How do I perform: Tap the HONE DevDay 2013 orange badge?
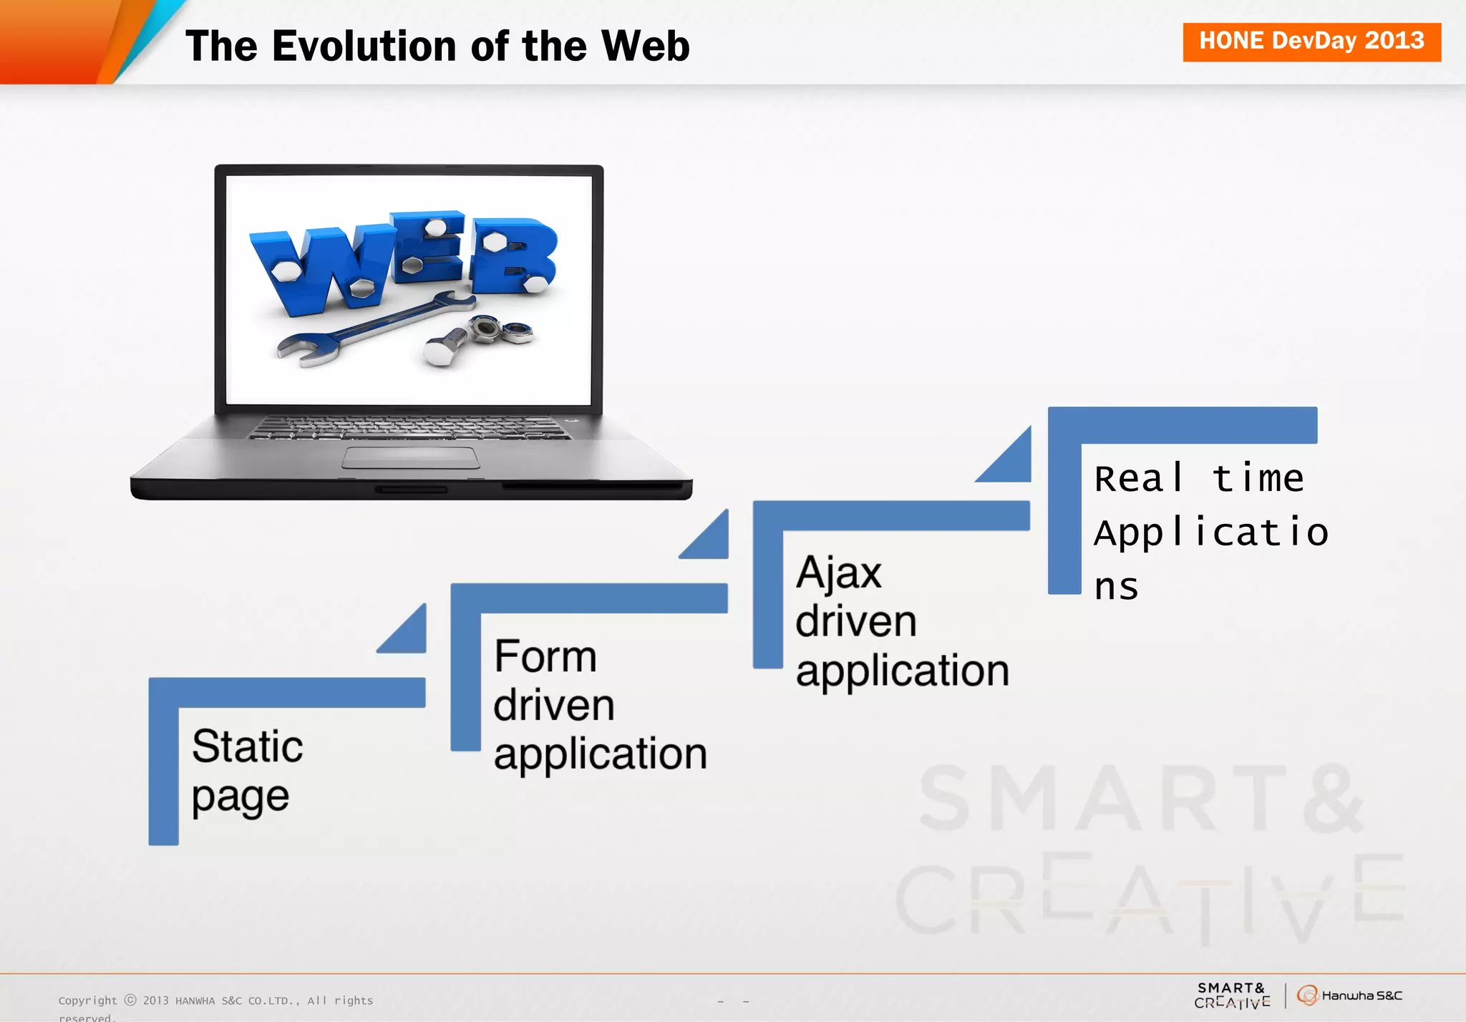[1311, 42]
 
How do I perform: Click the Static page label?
[246, 770]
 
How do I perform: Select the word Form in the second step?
[545, 656]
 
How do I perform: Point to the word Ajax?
[838, 573]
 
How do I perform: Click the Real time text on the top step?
[1198, 478]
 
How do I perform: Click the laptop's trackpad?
[411, 457]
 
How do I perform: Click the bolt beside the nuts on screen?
[444, 347]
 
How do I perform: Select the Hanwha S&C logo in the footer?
[1349, 995]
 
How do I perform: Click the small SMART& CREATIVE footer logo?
[1231, 995]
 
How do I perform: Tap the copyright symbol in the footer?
[130, 1000]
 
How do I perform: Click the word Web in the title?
[644, 47]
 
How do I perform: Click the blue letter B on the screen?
[512, 258]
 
